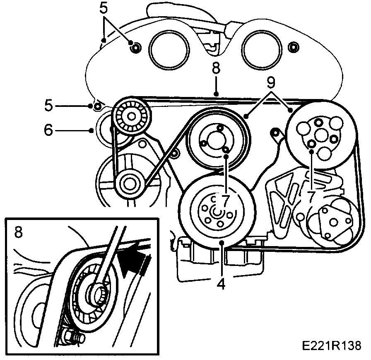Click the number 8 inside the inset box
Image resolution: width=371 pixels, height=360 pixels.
point(18,232)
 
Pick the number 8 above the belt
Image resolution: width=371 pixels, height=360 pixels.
point(216,68)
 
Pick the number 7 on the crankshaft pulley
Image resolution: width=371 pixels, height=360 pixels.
point(226,201)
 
